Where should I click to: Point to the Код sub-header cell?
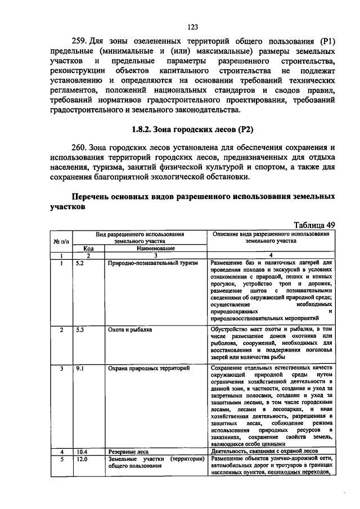point(88,248)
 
